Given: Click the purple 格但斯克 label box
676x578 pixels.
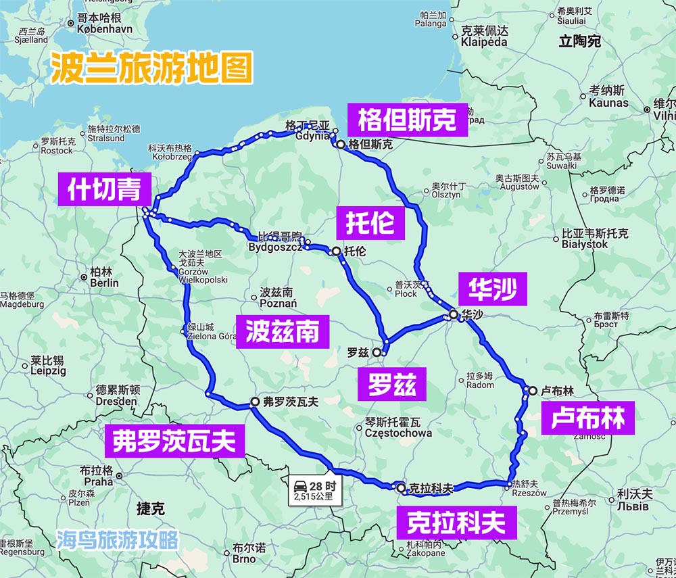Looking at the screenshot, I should click(407, 121).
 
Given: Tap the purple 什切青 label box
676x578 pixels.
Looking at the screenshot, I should click(104, 190).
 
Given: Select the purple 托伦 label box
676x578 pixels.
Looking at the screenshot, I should click(370, 222).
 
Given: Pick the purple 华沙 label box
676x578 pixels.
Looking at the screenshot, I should click(488, 290).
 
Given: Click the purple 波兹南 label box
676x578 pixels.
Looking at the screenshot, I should click(283, 333).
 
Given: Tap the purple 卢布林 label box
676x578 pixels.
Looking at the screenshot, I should click(587, 419).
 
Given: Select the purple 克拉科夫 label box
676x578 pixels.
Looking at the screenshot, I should click(456, 523).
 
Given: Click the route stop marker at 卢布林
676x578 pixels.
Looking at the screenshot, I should click(533, 390).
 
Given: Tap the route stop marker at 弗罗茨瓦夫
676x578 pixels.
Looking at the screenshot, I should click(255, 402).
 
